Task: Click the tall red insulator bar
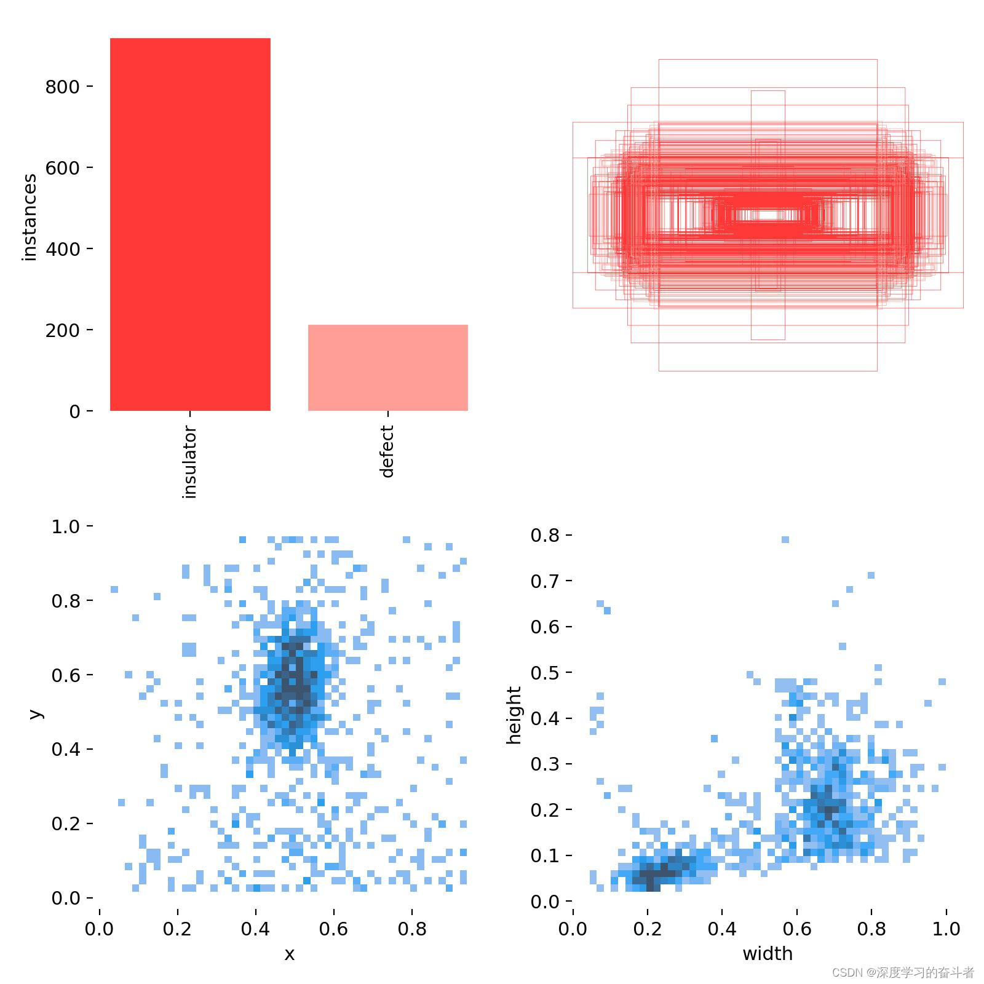pos(190,224)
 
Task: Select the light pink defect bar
pos(387,367)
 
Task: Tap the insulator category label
pos(190,461)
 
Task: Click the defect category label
pos(387,451)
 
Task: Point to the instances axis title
pos(29,218)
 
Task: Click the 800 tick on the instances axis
pos(62,87)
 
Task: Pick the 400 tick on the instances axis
pos(62,249)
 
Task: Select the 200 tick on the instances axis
pos(62,330)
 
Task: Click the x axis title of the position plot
pos(289,954)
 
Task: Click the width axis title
pos(768,954)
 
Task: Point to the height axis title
pos(514,715)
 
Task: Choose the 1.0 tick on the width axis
pos(946,928)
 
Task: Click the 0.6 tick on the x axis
pos(333,928)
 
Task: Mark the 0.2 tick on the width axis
pos(648,928)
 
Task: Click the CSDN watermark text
pos(903,972)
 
